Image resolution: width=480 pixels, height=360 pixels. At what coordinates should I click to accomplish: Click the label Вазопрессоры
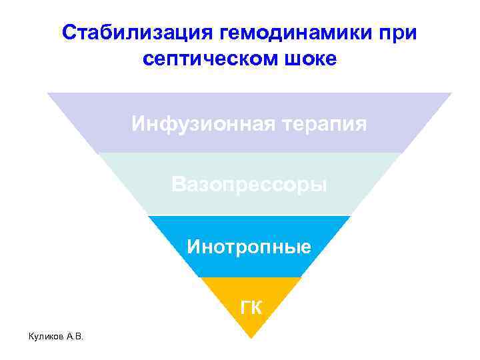coord(249,184)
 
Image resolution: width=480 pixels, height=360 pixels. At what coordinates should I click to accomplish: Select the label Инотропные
coord(249,247)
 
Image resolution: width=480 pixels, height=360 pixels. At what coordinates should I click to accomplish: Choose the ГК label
coord(251,307)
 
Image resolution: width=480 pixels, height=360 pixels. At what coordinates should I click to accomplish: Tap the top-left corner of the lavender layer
coord(47,93)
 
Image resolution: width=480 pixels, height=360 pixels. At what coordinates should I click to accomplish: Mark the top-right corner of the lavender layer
coord(452,93)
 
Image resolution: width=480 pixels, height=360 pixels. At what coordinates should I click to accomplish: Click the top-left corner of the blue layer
coord(147,216)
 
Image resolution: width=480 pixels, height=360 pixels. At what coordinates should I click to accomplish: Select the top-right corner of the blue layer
coord(351,216)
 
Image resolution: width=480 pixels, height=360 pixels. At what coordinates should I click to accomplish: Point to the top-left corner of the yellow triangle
coord(199,277)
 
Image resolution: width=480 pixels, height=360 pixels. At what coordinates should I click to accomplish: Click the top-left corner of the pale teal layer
coord(98,154)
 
